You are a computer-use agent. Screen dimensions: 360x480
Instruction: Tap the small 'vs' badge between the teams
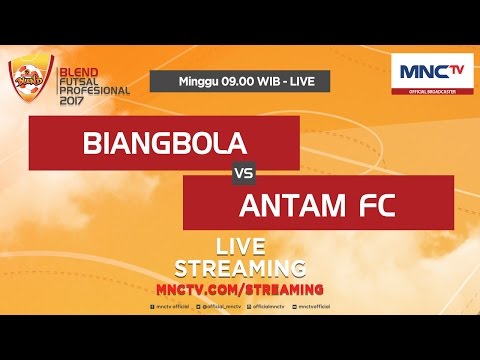(x=241, y=173)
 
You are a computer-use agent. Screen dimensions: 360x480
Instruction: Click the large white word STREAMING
(x=240, y=269)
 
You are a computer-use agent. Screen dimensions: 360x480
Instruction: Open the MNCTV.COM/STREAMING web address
(x=240, y=288)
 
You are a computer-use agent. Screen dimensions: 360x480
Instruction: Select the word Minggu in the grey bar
(x=196, y=81)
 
